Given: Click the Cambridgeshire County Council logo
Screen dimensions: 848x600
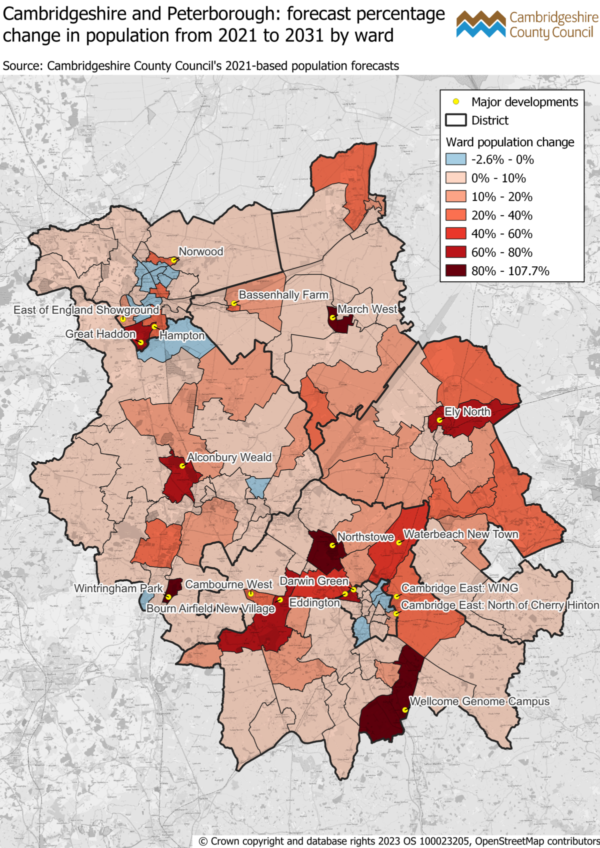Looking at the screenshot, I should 527,25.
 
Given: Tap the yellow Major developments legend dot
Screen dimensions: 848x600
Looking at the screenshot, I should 456,102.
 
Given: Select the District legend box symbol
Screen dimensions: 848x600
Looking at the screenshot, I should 455,120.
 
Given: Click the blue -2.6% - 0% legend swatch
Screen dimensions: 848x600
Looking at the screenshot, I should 455,160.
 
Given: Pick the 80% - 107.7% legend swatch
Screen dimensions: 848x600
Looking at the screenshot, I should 455,271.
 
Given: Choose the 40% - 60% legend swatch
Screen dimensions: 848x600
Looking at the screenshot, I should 455,234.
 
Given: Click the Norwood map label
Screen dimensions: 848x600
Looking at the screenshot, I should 201,252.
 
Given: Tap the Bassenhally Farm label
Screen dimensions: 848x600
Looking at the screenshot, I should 283,295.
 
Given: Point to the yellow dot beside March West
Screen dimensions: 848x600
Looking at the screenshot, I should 332,317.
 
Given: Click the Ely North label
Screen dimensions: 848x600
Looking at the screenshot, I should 467,412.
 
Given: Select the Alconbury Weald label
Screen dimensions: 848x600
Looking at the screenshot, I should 229,457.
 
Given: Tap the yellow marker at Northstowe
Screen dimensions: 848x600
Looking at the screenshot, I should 332,545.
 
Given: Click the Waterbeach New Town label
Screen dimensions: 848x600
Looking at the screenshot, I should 460,534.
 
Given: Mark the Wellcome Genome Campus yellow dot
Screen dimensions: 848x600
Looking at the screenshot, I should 405,710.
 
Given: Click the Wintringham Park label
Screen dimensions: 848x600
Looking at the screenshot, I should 118,589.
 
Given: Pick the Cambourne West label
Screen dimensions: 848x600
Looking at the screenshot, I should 228,584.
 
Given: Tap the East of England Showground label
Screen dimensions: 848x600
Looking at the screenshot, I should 86,310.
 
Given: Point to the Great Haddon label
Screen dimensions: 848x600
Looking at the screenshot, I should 100,334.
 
